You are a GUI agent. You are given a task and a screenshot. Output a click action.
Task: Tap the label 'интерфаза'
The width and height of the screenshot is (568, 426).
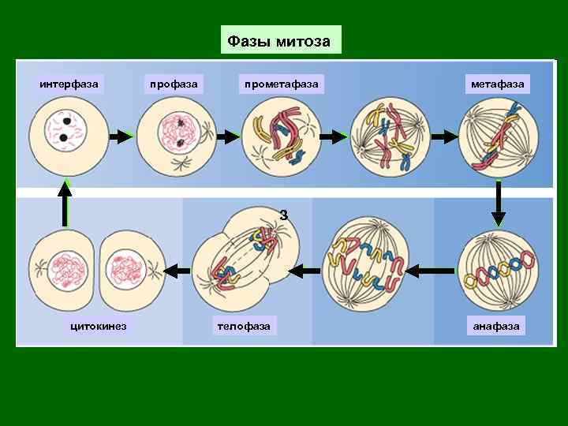(x=69, y=83)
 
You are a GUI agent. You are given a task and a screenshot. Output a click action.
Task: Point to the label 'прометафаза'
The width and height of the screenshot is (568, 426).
(x=282, y=83)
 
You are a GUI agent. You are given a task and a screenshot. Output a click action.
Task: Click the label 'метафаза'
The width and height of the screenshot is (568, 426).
(x=498, y=83)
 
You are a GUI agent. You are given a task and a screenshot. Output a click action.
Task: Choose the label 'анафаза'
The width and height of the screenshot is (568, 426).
(x=496, y=326)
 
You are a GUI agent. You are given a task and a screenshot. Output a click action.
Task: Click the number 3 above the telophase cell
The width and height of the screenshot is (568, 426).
(x=284, y=215)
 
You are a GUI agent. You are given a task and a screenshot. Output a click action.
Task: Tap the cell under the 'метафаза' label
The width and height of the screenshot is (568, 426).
(x=499, y=137)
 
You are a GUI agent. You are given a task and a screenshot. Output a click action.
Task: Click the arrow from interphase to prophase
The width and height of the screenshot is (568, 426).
(x=121, y=137)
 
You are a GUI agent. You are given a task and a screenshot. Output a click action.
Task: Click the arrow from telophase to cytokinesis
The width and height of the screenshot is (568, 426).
(x=180, y=270)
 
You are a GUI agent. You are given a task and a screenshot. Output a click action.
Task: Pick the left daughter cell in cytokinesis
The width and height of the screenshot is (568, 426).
(x=62, y=268)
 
